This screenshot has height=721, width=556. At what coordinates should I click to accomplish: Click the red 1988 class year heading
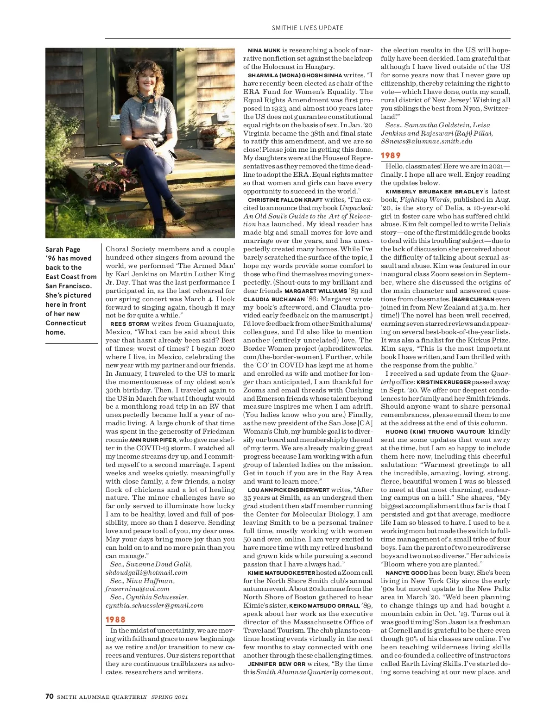[115, 620]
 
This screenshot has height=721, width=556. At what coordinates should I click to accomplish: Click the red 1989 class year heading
[391, 155]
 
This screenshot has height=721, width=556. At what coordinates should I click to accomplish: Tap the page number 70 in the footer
[50, 696]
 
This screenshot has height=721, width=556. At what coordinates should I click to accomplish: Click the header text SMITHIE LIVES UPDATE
[307, 28]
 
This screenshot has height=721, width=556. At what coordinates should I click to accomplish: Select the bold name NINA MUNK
[264, 50]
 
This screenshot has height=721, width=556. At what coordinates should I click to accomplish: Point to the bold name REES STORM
[129, 324]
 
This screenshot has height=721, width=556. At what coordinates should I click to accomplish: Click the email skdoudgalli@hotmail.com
[146, 572]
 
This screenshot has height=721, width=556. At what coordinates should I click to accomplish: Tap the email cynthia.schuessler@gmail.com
[154, 605]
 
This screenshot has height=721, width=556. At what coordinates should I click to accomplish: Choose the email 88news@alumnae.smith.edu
[426, 141]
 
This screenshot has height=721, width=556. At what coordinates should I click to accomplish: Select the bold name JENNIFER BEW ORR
[277, 664]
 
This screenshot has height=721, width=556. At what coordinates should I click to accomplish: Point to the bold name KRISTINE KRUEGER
[444, 382]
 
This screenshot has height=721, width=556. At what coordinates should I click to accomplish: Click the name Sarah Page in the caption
[63, 249]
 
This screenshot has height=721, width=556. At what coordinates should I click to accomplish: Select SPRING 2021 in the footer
[170, 697]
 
